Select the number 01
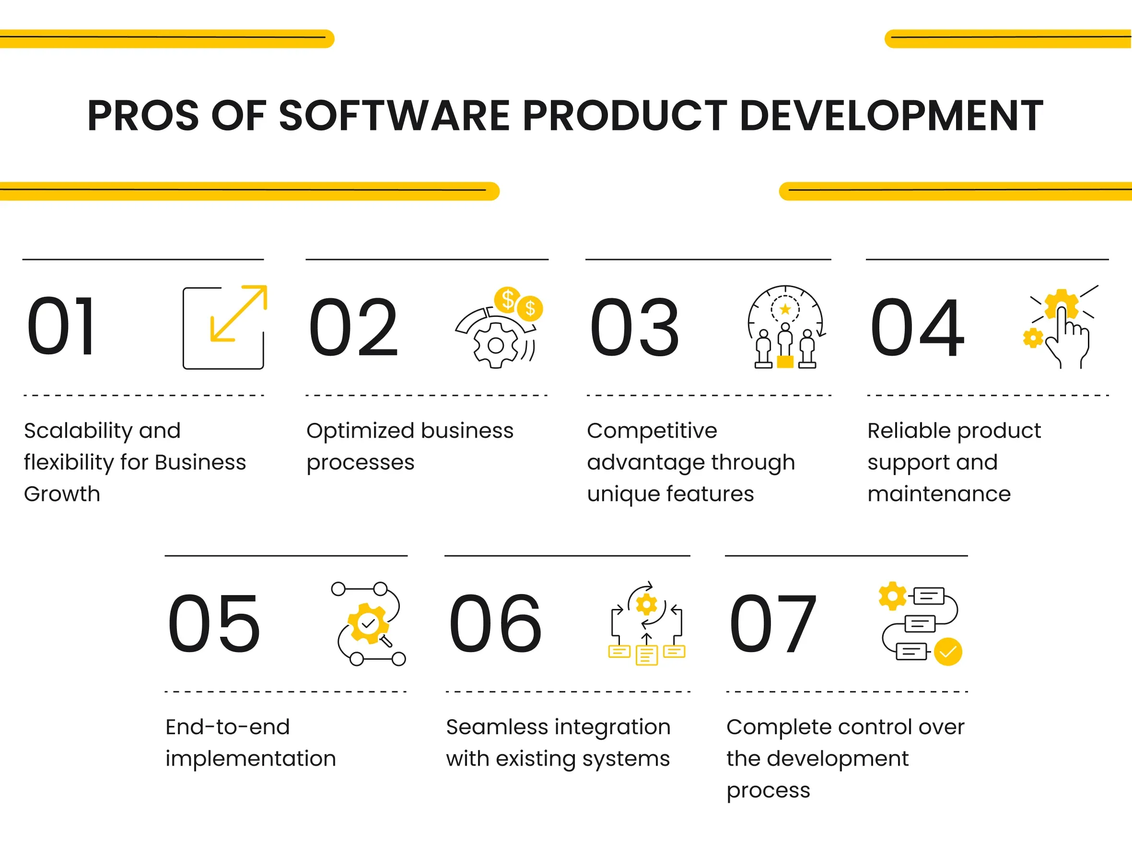[x=61, y=327]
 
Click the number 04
[x=917, y=327]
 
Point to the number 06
[x=495, y=623]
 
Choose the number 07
[x=773, y=623]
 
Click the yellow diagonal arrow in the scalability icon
[x=238, y=313]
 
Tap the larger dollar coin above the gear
[x=507, y=299]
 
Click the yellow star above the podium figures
[x=784, y=309]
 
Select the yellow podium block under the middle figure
[x=784, y=362]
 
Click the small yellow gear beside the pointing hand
[x=1033, y=338]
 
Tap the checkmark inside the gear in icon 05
[x=368, y=624]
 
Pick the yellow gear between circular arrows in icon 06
[x=646, y=605]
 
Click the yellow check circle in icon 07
[x=948, y=652]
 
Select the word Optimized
[x=360, y=431]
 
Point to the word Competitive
[x=652, y=431]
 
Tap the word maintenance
[x=939, y=494]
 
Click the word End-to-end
[x=227, y=727]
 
